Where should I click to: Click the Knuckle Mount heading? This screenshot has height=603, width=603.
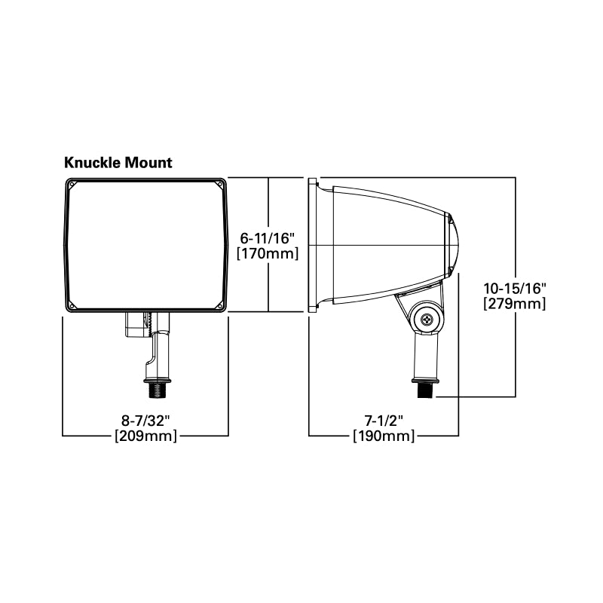coord(118,162)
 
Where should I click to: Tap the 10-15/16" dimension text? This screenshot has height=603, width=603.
coord(514,288)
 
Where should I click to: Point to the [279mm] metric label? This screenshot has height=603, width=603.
coord(514,304)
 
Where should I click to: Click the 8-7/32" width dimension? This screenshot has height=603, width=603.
coord(145,420)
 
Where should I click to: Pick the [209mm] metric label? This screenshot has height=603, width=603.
coord(145,436)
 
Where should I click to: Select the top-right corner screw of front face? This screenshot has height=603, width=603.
coord(220,183)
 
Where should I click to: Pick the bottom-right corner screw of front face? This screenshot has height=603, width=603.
coord(220,305)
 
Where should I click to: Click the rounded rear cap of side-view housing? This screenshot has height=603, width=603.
coord(452,245)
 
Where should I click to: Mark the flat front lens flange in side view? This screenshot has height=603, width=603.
coord(313,245)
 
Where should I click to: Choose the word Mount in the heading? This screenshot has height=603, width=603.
coord(148,162)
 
